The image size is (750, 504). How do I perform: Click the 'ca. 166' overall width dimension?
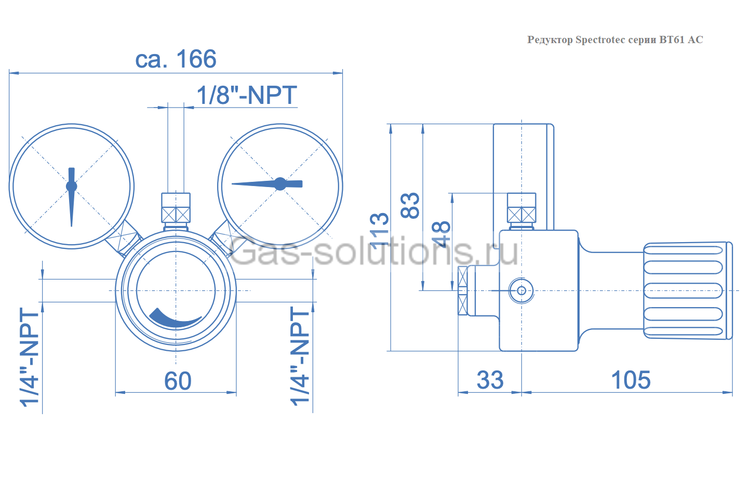(176, 59)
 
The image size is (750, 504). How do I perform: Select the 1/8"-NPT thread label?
(246, 96)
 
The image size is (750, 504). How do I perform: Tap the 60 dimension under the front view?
(178, 381)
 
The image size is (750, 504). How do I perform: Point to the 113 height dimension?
(380, 229)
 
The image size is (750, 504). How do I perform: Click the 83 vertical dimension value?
(410, 205)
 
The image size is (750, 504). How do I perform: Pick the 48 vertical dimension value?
(440, 234)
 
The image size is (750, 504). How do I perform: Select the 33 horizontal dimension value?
(490, 380)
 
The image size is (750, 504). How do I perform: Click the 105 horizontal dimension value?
(631, 380)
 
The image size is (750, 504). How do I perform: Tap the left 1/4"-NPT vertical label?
(30, 357)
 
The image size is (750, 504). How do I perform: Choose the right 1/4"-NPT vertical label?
(300, 356)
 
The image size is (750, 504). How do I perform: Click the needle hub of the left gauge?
(72, 186)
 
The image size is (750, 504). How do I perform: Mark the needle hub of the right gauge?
(280, 183)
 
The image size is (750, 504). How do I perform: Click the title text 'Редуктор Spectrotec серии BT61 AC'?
(615, 40)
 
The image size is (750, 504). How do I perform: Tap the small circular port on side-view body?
(521, 290)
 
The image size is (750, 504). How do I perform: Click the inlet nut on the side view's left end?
(462, 290)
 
